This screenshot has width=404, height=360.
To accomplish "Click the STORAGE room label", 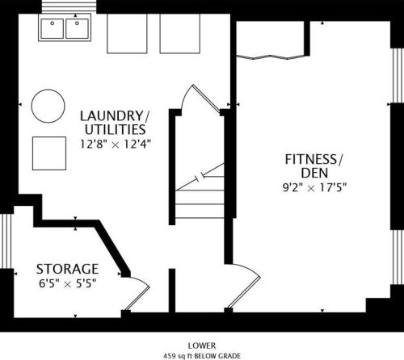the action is coord(67,269).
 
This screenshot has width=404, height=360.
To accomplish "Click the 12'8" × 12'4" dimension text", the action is coord(115,144).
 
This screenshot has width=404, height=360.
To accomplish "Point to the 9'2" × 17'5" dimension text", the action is coord(314,187).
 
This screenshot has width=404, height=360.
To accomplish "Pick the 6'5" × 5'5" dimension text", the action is coord(68,283).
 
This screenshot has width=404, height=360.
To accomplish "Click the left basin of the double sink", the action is coord(53,28).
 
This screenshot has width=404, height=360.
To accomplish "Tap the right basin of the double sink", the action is coord(77,28).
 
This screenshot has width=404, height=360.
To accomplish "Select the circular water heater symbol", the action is coord(48,106).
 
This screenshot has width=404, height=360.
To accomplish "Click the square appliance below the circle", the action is coord(49,153).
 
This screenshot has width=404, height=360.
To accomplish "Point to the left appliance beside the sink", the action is coord(127,34).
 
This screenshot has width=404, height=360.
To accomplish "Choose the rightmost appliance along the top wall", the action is coord(180,34).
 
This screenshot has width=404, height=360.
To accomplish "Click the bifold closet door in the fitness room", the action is coord(271,57).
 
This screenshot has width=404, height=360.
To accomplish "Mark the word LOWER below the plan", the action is coord(202,345).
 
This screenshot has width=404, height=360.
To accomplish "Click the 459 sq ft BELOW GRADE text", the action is coord(202,356).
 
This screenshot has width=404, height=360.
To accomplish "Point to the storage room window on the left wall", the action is coord(6,241).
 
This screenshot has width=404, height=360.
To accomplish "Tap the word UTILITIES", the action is coord(116,130).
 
